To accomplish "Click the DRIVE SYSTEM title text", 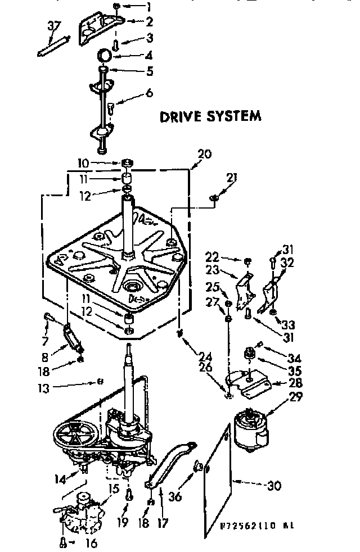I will tap(210, 116).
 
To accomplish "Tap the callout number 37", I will tap(53, 26).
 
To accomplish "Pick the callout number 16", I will tap(92, 543).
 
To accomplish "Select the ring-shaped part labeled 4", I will tap(104, 55).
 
